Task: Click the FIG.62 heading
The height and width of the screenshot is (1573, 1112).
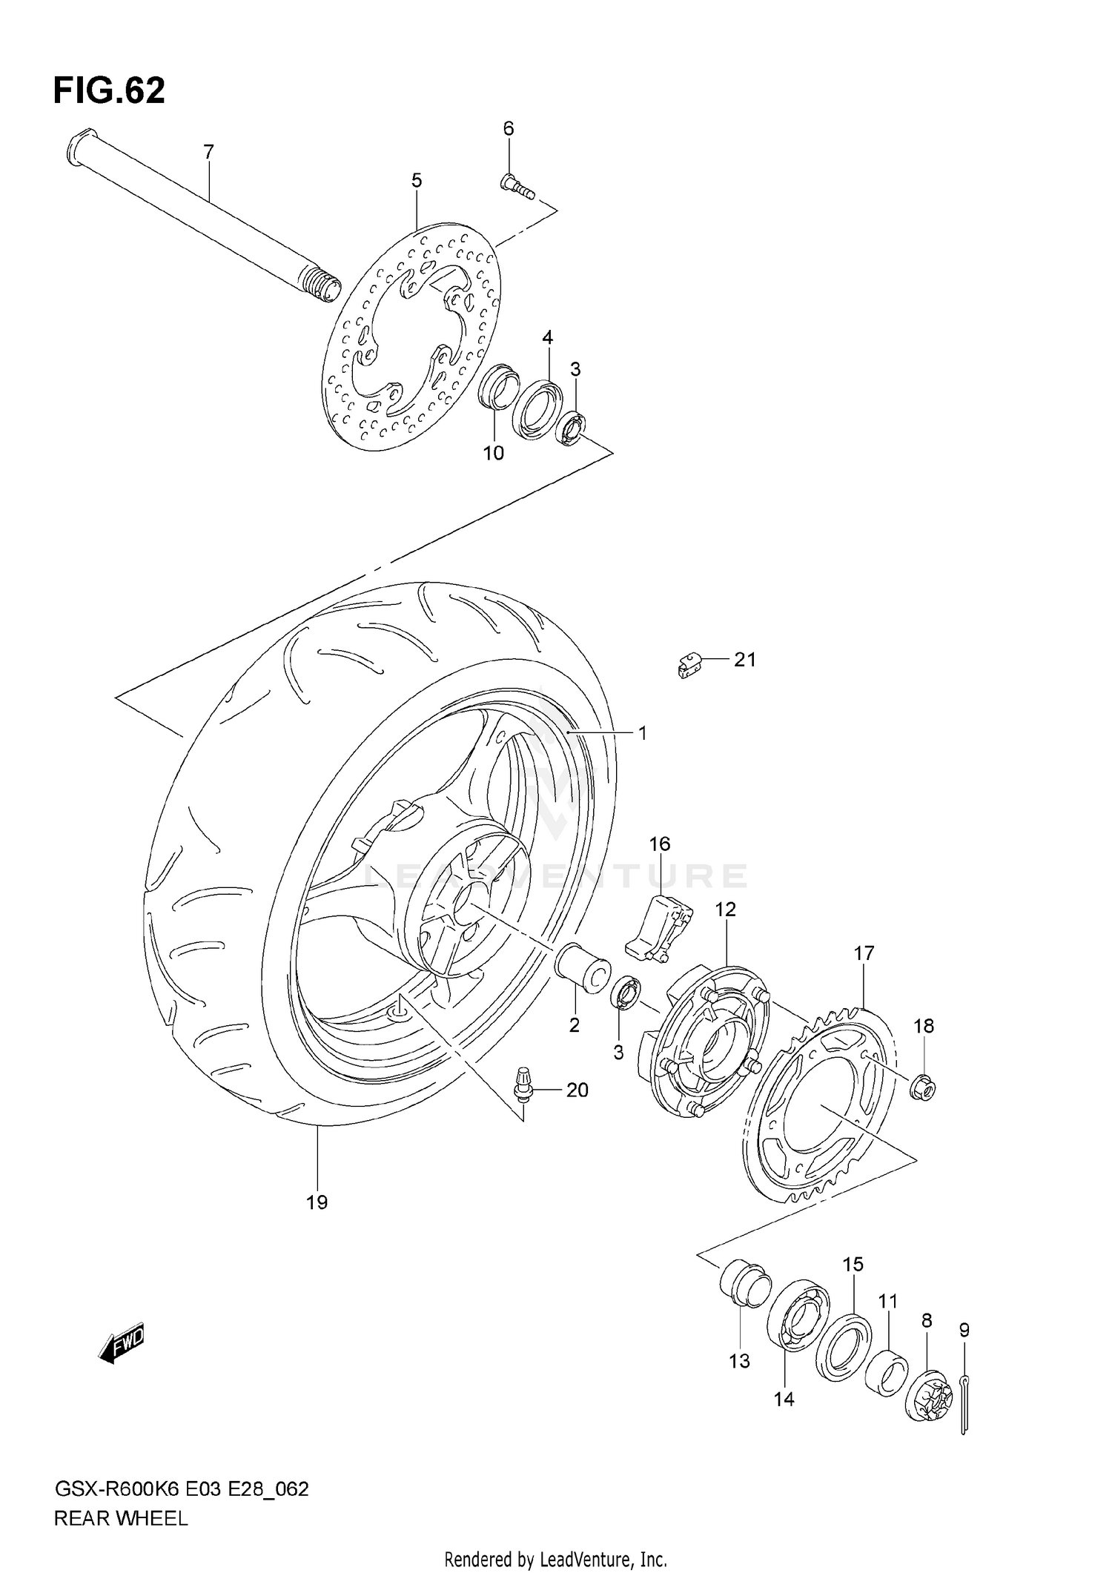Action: tap(109, 90)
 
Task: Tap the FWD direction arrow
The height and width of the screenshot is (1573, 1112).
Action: tap(122, 1344)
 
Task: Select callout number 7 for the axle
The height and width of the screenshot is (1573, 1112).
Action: tap(208, 152)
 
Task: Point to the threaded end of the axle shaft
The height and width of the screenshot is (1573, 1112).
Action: tap(320, 286)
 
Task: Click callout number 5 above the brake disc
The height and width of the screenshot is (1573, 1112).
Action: tap(417, 180)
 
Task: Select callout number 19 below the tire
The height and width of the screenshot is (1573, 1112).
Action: tap(317, 1202)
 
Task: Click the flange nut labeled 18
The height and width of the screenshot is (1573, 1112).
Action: tap(922, 1088)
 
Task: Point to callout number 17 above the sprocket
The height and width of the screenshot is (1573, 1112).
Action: tap(864, 953)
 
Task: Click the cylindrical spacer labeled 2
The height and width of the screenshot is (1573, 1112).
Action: tap(583, 968)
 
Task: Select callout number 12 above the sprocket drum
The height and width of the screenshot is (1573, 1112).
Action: tap(725, 909)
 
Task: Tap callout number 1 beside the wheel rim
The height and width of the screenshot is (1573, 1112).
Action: tap(642, 733)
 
